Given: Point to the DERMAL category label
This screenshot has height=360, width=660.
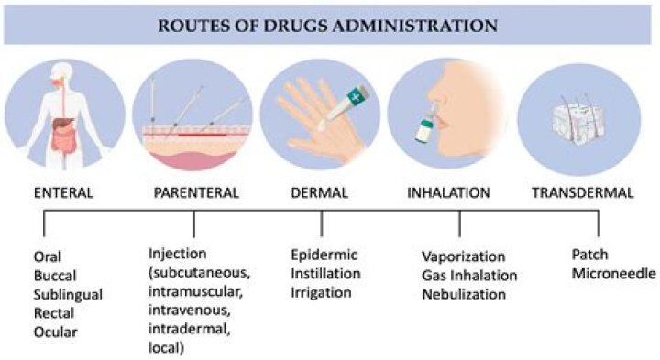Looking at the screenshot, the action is pyautogui.click(x=322, y=193).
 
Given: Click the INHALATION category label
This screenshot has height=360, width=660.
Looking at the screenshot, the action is pyautogui.click(x=458, y=193).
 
